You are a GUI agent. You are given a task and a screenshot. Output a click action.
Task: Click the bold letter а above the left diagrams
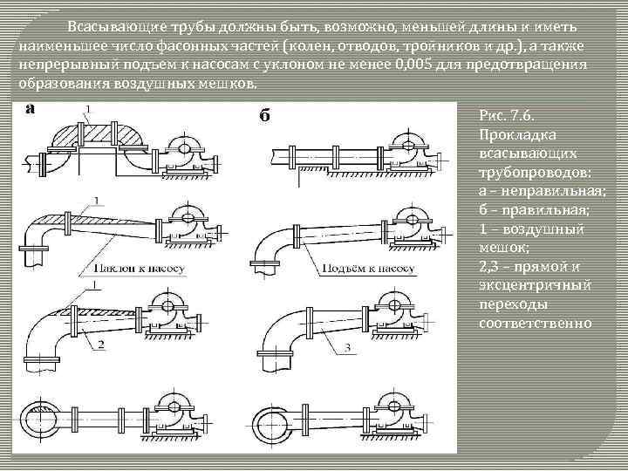(x=31, y=109)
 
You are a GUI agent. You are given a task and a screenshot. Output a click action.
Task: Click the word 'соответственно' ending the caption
(x=536, y=324)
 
